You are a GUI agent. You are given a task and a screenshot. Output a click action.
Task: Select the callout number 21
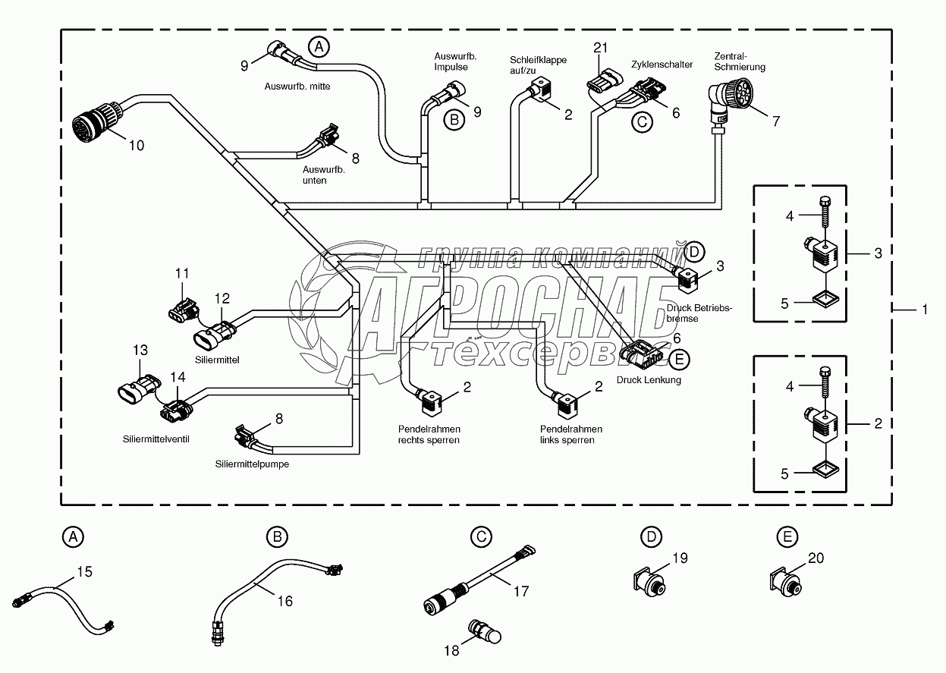pyautogui.click(x=601, y=48)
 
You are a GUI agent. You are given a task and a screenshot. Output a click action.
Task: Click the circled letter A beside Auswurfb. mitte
pyautogui.click(x=319, y=46)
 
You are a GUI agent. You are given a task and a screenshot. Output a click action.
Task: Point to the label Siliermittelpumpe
pyautogui.click(x=250, y=464)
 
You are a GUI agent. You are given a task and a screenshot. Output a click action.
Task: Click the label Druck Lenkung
pyautogui.click(x=649, y=380)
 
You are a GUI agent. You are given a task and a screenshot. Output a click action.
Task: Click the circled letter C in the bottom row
pyautogui.click(x=479, y=537)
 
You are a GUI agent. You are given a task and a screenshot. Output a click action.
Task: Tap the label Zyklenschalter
pyautogui.click(x=662, y=65)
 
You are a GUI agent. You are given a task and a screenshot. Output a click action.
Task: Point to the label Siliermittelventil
pyautogui.click(x=155, y=439)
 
